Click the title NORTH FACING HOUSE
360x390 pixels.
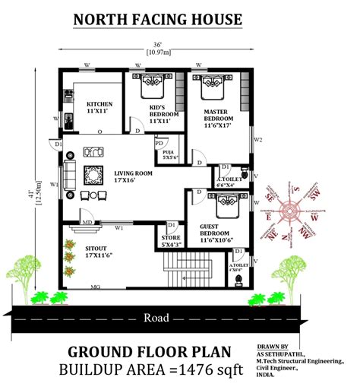pos(157,20)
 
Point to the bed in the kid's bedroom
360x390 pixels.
pos(147,90)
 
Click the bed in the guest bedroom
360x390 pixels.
pos(226,205)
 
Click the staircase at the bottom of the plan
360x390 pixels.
pos(187,270)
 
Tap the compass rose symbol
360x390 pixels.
pos(292,208)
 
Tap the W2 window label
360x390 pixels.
pos(257,140)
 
